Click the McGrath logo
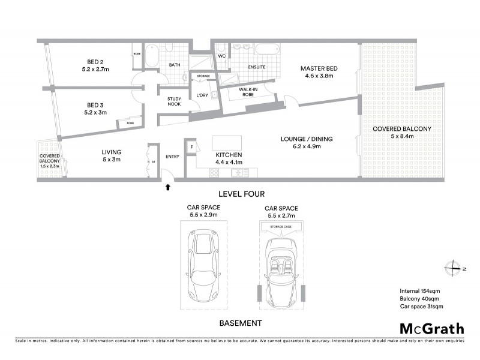click(431, 328)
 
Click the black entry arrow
click(168, 188)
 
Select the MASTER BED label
click(319, 69)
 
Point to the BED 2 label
click(94, 61)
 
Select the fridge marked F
click(191, 146)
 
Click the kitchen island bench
click(227, 142)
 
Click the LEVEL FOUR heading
click(242, 194)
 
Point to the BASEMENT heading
click(240, 323)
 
